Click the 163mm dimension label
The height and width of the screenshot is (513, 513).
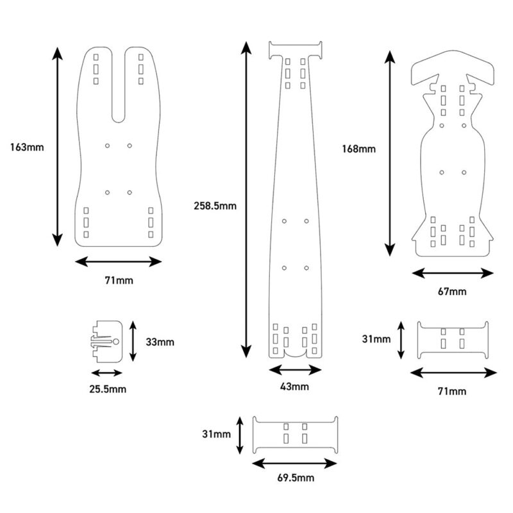coord(27,147)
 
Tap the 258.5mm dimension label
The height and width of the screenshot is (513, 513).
coord(215,206)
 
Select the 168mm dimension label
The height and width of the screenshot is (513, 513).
coord(358,149)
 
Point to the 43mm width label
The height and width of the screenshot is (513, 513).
coord(295,386)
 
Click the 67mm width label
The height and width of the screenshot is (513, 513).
coord(453,292)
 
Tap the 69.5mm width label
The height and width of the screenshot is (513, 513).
coord(296,478)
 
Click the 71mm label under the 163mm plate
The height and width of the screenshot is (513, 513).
coord(119,280)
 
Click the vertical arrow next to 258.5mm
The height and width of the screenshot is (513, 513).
coord(246,199)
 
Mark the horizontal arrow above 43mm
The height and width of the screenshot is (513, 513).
coord(295,369)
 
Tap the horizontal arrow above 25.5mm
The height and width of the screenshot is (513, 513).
coord(106,373)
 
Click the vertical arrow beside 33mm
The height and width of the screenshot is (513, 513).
coord(133,341)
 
